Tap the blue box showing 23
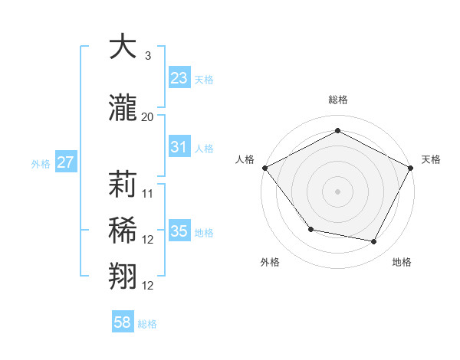(x=179, y=78)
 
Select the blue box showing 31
(x=179, y=147)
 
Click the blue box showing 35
(x=179, y=231)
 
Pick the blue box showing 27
(x=66, y=162)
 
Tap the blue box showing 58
(x=123, y=322)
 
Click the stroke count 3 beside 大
(x=148, y=56)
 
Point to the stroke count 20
(x=148, y=117)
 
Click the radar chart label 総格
(x=338, y=100)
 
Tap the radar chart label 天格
(x=432, y=159)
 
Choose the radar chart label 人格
(x=245, y=159)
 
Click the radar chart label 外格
(x=270, y=262)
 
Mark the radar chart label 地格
(x=402, y=262)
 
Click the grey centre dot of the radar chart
(x=338, y=191)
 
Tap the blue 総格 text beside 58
(x=147, y=324)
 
